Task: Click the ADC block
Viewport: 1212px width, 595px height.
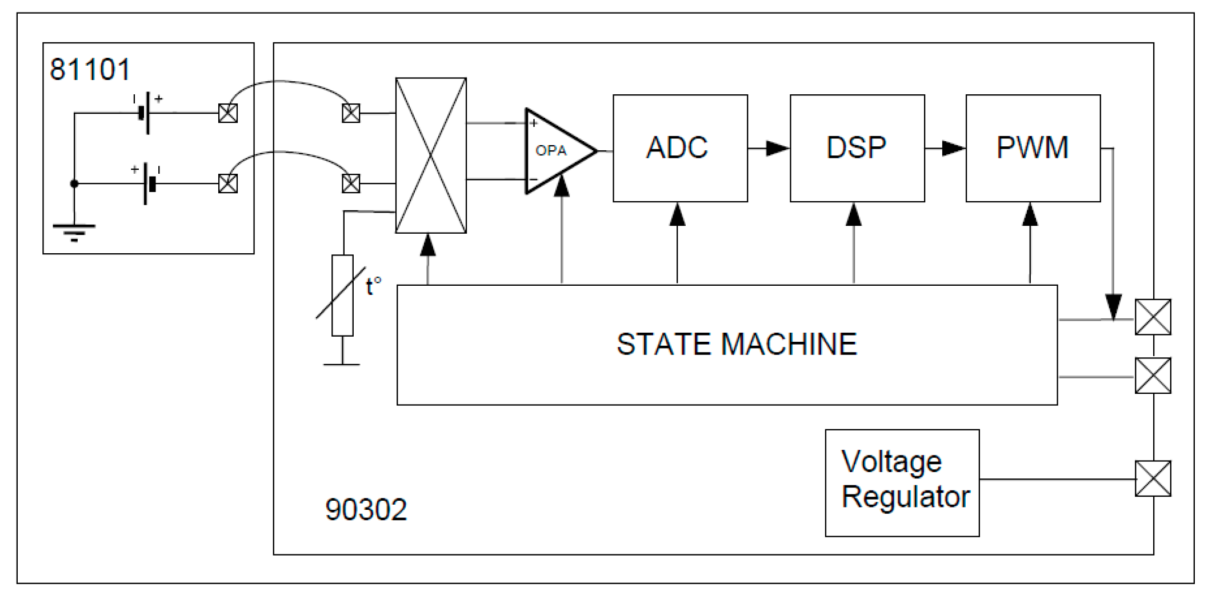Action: pyautogui.click(x=679, y=148)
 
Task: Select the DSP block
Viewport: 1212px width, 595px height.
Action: pyautogui.click(x=857, y=148)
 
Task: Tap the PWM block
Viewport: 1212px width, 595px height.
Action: pyautogui.click(x=1033, y=148)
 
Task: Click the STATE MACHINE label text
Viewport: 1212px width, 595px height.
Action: pyautogui.click(x=736, y=345)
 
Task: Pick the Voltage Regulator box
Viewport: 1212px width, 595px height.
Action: pyautogui.click(x=902, y=482)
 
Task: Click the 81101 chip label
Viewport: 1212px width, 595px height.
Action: pyautogui.click(x=90, y=70)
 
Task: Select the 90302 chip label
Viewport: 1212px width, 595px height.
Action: pyautogui.click(x=366, y=509)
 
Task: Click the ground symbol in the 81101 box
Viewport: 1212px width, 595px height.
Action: pyautogui.click(x=74, y=231)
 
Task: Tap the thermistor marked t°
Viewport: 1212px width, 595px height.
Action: pyautogui.click(x=342, y=295)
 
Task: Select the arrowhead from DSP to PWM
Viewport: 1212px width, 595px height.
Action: pyautogui.click(x=953, y=149)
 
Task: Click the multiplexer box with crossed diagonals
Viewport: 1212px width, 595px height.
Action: pyautogui.click(x=431, y=155)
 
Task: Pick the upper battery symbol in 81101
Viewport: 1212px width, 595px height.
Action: pyautogui.click(x=146, y=113)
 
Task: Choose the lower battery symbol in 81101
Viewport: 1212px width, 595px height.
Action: pyautogui.click(x=149, y=184)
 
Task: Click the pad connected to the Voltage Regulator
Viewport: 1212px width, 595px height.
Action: pyautogui.click(x=1153, y=478)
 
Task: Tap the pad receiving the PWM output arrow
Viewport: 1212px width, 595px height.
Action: pyautogui.click(x=1153, y=317)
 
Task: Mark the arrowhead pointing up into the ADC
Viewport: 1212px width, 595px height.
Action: pyautogui.click(x=677, y=215)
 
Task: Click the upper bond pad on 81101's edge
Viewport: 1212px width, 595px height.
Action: pyautogui.click(x=228, y=113)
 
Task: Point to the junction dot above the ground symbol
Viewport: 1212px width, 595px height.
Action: pyautogui.click(x=74, y=183)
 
